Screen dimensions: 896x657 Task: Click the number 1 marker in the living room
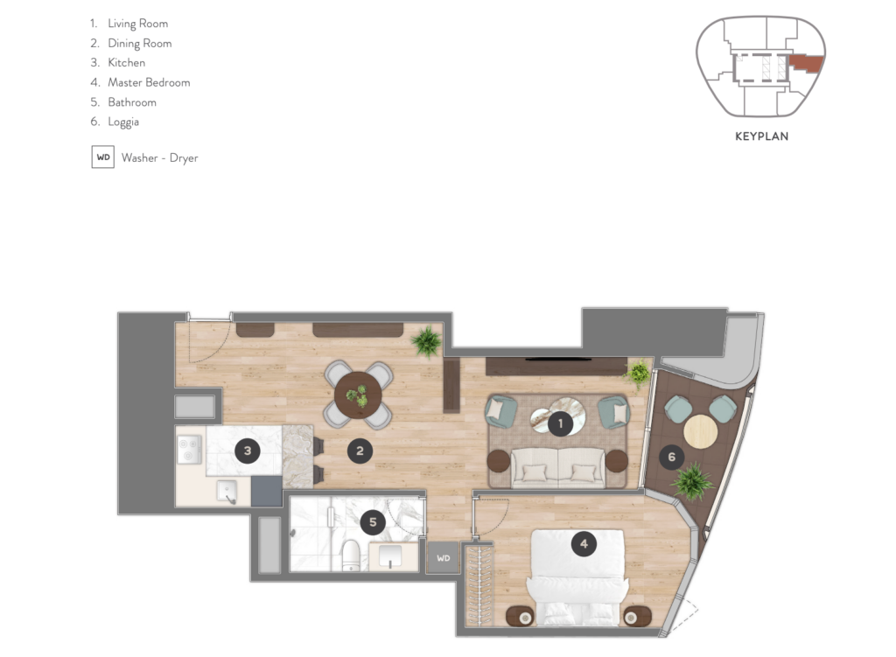[x=560, y=423]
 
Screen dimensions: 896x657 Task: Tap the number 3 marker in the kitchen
[x=248, y=451]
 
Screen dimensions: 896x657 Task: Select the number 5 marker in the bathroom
[x=373, y=521]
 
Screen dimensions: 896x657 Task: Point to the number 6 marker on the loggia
[x=671, y=457]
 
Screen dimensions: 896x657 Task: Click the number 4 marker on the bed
[x=584, y=544]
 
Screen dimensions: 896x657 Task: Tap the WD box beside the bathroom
[x=444, y=558]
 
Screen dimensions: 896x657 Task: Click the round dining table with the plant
[x=358, y=395]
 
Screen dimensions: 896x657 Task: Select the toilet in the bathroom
[x=350, y=556]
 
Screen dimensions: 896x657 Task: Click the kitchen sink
[x=227, y=492]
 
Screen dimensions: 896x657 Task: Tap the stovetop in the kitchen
[x=189, y=450]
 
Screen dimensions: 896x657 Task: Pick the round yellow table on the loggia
[x=701, y=431]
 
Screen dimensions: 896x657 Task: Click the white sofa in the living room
[x=557, y=468]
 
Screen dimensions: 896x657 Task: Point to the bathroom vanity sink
[x=391, y=556]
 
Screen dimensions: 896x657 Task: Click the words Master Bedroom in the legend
[x=149, y=82]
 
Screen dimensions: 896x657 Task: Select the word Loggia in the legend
[x=123, y=122]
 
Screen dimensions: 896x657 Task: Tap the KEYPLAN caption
[x=762, y=136]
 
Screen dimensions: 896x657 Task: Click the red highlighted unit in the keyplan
[x=806, y=63]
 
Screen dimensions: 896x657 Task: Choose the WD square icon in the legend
[x=103, y=157]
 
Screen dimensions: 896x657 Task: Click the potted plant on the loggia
[x=693, y=481]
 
